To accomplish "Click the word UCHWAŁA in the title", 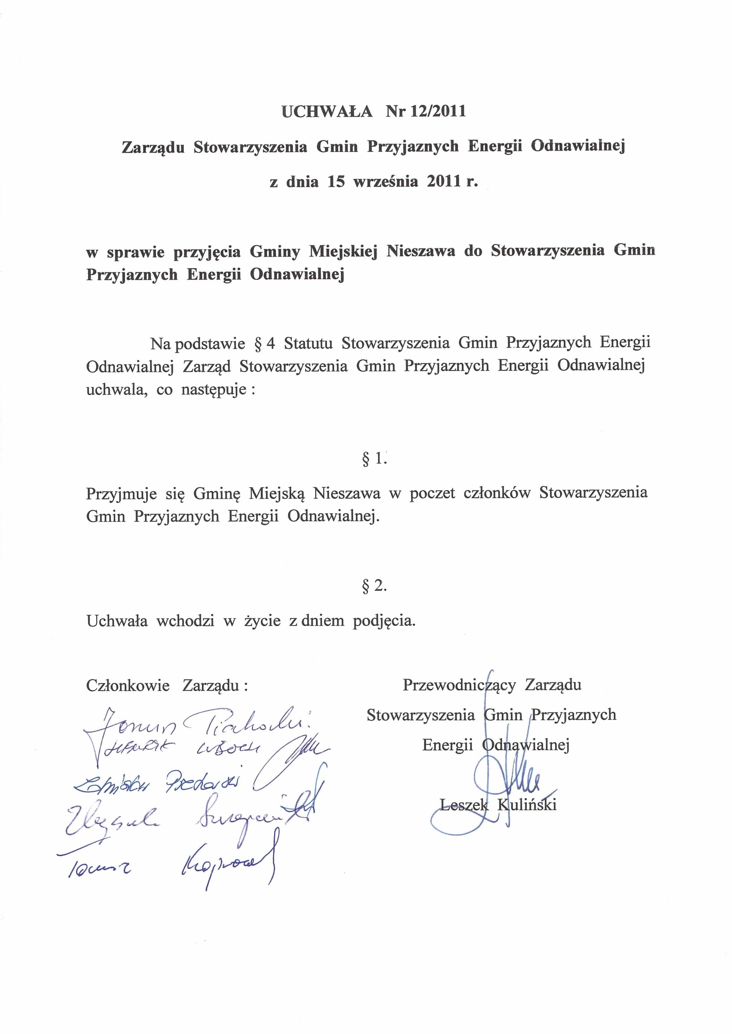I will (x=327, y=111).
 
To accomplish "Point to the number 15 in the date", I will (x=336, y=182).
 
